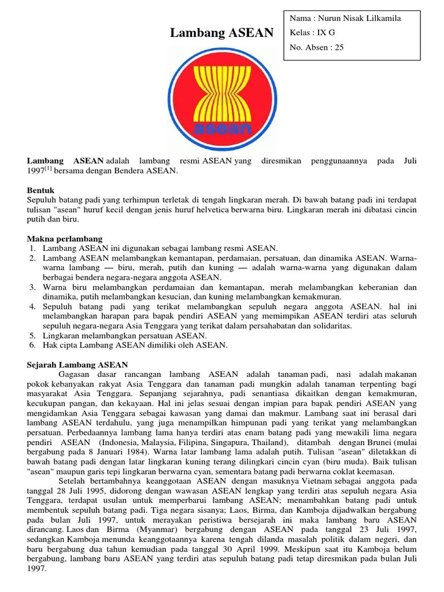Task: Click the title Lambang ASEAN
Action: pos(221,34)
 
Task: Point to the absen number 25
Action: pos(338,47)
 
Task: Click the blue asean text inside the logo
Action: pos(222,128)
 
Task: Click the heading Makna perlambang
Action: pos(65,239)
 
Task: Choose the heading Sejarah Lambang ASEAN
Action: pos(77,365)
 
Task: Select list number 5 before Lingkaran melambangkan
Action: pos(33,335)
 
